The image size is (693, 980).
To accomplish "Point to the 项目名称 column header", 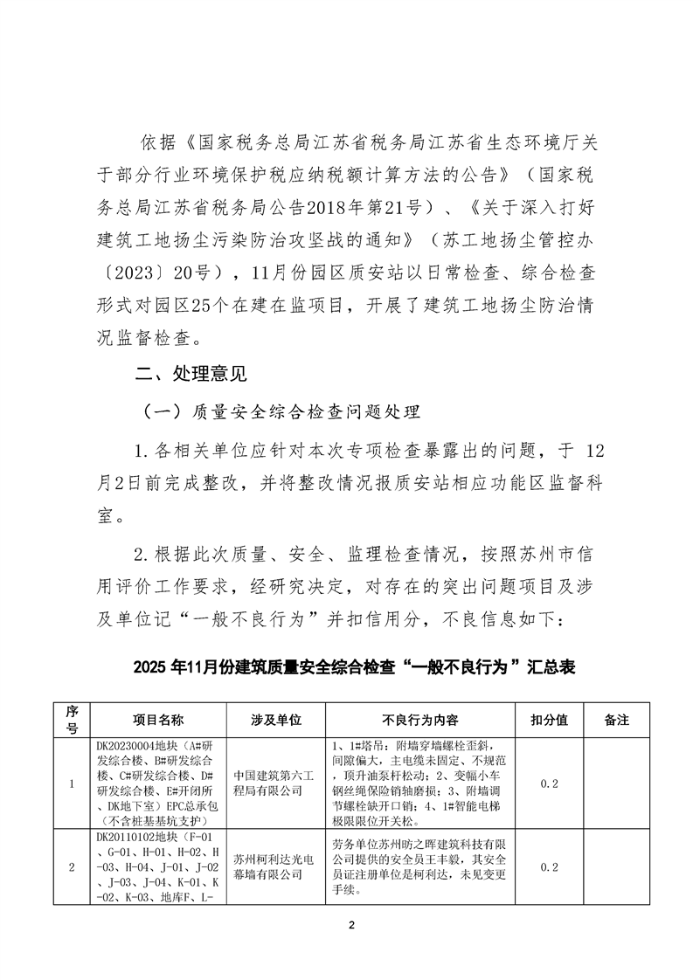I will coord(158,721).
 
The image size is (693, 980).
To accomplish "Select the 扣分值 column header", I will coord(550,721).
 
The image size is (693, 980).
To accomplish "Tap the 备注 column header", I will coord(616,721).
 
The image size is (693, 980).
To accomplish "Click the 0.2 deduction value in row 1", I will coord(550,783).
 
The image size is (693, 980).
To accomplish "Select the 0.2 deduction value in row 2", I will coord(550,866).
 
